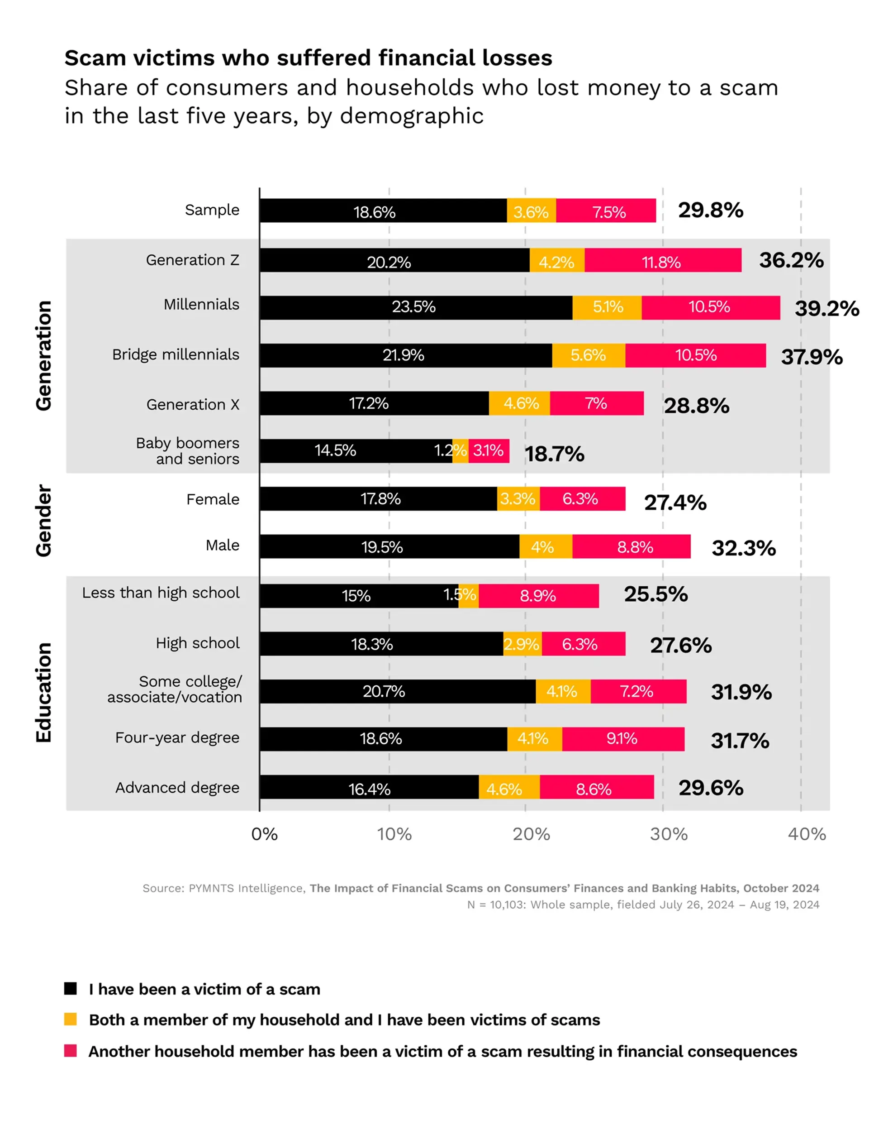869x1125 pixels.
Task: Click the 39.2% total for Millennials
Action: coord(826,309)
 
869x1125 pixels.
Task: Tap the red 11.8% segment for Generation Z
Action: coord(663,260)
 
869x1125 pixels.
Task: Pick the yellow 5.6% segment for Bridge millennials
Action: coord(589,355)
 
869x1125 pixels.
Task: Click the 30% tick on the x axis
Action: coord(668,834)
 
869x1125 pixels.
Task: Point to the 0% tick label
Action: coord(265,834)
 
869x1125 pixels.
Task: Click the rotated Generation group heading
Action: coord(44,355)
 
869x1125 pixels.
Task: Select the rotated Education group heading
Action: coord(44,692)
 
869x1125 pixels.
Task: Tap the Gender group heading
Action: coord(44,520)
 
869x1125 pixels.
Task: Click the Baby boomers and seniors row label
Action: coord(188,451)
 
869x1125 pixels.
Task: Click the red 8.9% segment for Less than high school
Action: coord(538,596)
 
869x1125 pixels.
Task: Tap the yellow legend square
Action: coord(71,1019)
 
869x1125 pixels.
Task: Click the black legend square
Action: coord(71,988)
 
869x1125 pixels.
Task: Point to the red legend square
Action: coord(71,1050)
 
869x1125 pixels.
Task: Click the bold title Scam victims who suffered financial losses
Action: coord(308,57)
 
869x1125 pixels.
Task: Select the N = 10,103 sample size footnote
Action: coord(642,905)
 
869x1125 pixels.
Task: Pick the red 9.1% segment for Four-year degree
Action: coord(623,739)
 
